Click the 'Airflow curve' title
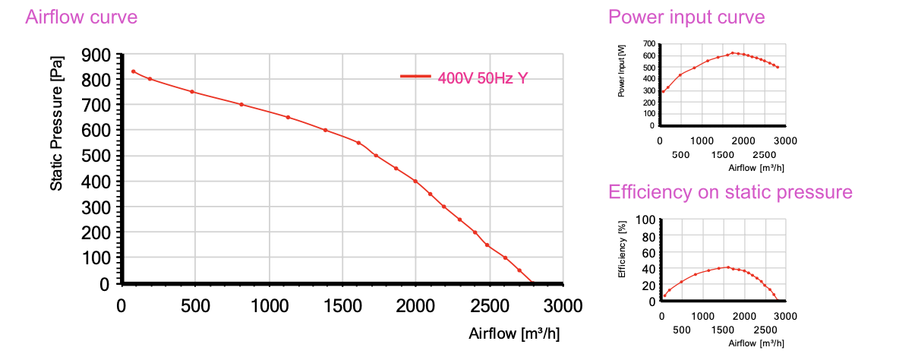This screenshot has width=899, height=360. click(x=81, y=17)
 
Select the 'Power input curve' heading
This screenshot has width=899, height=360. click(x=687, y=17)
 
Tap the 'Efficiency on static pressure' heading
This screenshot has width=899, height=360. click(x=730, y=192)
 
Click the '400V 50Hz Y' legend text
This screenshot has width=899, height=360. click(x=483, y=77)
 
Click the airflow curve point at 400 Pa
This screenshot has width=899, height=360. click(x=415, y=181)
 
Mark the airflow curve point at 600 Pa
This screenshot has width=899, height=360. click(x=325, y=130)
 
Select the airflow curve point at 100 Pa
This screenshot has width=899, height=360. click(x=505, y=257)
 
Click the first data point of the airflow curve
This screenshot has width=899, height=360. click(x=134, y=71)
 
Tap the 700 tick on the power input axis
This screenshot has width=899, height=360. click(x=648, y=44)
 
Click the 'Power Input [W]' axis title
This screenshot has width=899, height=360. click(x=622, y=71)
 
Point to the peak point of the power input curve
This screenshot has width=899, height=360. click(x=733, y=53)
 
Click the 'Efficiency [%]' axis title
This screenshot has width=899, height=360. click(x=622, y=248)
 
